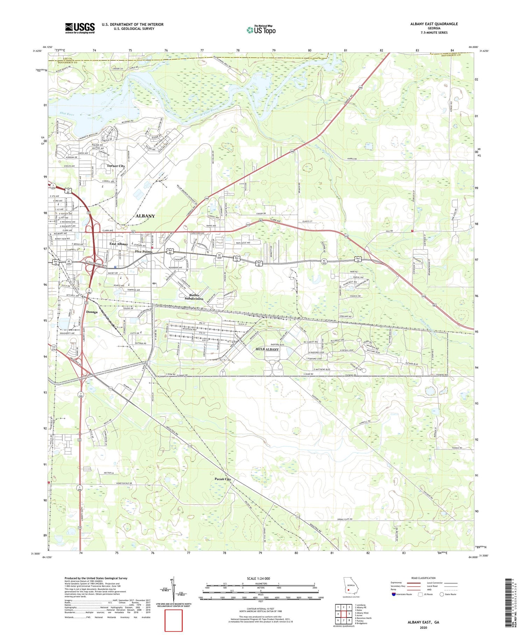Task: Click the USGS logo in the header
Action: pyautogui.click(x=80, y=28)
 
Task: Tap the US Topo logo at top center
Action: pyautogui.click(x=261, y=30)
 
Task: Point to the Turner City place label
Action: pyautogui.click(x=116, y=166)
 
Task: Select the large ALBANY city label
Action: pyautogui.click(x=145, y=216)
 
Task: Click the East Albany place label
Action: pyautogui.click(x=119, y=244)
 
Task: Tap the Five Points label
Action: pyautogui.click(x=143, y=251)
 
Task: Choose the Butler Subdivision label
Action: pyautogui.click(x=194, y=297)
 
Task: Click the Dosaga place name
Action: pyautogui.click(x=92, y=312)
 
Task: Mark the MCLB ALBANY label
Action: pyautogui.click(x=267, y=349)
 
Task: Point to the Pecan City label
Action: pyautogui.click(x=223, y=479)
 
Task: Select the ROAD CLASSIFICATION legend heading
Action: pyautogui.click(x=423, y=578)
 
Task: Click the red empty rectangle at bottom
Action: pyautogui.click(x=174, y=620)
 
